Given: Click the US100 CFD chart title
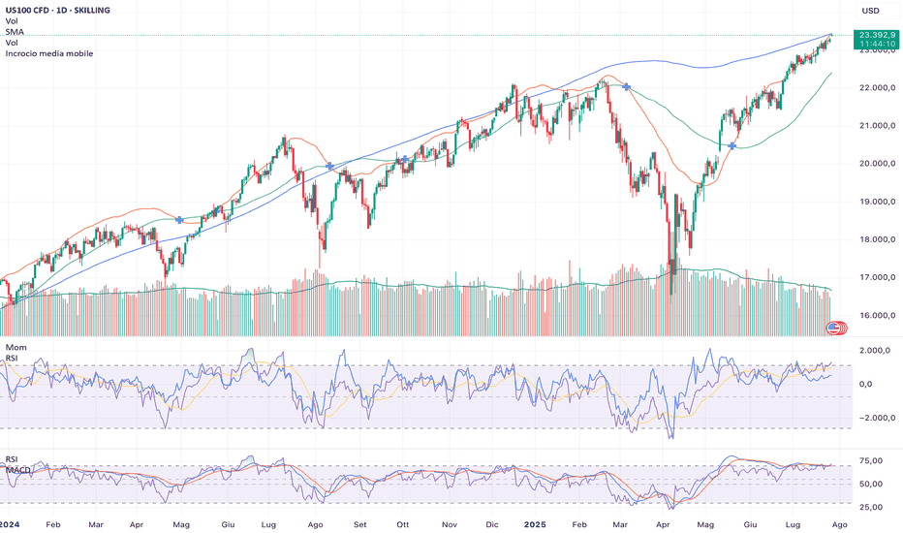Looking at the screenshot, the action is click(57, 10).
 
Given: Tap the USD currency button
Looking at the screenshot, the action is click(870, 11).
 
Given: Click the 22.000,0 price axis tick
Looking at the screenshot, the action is click(877, 87).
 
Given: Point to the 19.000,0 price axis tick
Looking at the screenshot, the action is click(877, 202).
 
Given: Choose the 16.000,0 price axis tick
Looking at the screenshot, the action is click(877, 316).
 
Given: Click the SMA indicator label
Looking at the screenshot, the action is click(15, 32).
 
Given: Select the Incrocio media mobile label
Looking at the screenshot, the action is click(49, 53).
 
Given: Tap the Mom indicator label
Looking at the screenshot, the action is click(16, 348).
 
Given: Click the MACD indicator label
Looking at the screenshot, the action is click(18, 470).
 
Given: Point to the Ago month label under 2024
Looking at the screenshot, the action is click(315, 525).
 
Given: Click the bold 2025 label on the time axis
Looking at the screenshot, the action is click(535, 525).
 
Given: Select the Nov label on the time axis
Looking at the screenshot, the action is click(450, 525).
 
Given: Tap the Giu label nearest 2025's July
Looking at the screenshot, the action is click(750, 525).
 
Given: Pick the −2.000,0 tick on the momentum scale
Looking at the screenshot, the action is click(875, 418).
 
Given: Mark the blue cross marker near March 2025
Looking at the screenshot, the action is click(627, 87).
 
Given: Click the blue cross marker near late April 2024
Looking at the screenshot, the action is click(179, 220).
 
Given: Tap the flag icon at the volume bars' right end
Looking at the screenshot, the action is click(832, 329).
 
